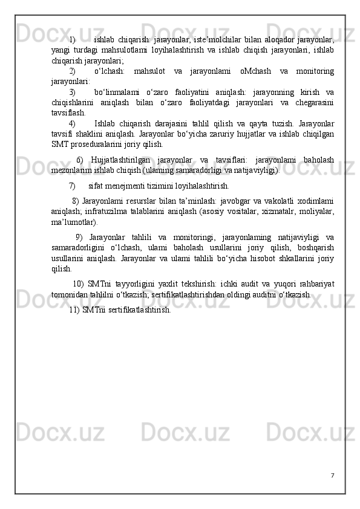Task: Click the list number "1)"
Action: pyautogui.click(x=73, y=40)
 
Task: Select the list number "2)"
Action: pyautogui.click(x=73, y=71)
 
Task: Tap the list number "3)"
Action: pyautogui.click(x=73, y=92)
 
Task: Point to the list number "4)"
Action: pyautogui.click(x=73, y=123)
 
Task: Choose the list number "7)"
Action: pyautogui.click(x=73, y=186)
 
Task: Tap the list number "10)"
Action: pyautogui.click(x=78, y=284)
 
